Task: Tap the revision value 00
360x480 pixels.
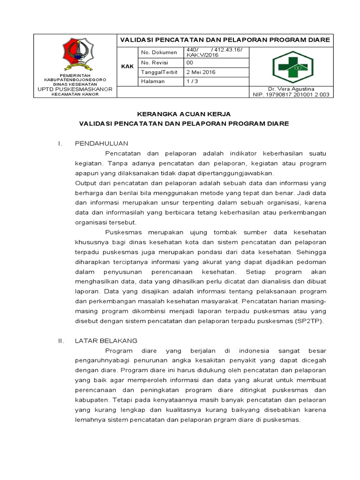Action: coord(190,62)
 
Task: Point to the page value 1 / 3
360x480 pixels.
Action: coord(192,81)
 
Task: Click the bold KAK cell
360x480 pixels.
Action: coord(127,67)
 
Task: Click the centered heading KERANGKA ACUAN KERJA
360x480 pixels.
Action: coord(184,114)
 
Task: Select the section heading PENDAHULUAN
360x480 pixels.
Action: coord(102,143)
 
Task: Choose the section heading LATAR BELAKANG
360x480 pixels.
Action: coord(106,340)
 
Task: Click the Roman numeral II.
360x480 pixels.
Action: coord(60,340)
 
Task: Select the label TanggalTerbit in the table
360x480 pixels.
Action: coord(158,72)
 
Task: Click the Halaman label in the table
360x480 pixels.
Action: coord(153,81)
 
